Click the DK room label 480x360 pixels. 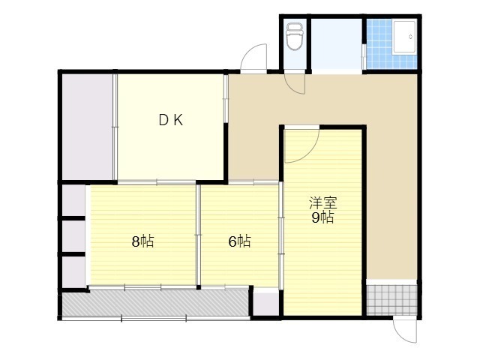171,120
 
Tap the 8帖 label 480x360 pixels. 142,241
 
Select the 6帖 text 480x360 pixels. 240,241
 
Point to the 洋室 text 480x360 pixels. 323,203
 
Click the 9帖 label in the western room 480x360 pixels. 323,217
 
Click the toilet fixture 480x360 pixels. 295,37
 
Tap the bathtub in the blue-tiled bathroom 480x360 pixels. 404,37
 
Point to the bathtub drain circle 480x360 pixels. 410,37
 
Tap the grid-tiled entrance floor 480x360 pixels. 391,300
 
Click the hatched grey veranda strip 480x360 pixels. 155,303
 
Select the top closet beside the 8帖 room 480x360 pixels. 73,200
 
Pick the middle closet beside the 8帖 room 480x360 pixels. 73,236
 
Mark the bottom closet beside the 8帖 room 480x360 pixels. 73,271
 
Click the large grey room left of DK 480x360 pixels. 88,127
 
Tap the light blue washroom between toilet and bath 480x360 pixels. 337,44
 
